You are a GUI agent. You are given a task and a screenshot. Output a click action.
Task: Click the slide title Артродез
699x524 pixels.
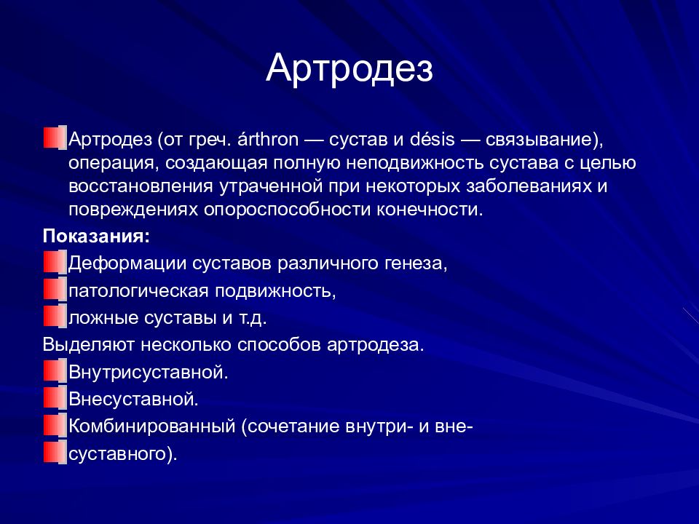[349, 68]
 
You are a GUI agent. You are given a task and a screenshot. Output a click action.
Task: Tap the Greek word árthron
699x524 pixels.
[268, 140]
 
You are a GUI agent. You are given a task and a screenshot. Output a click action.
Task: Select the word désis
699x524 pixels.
[433, 140]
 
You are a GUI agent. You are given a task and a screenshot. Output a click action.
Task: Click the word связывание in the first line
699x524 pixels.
[540, 140]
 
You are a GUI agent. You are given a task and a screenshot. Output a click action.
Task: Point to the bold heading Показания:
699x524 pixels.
[96, 236]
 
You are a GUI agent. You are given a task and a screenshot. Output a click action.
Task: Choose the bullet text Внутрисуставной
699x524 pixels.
[149, 372]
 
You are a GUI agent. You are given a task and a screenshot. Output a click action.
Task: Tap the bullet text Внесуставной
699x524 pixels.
[133, 400]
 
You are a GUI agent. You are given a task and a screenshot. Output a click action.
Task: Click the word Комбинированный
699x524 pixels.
[151, 427]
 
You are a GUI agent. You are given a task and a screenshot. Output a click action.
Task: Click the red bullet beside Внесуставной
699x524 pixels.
[55, 398]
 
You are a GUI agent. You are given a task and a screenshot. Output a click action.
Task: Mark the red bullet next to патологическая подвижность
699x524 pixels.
[55, 290]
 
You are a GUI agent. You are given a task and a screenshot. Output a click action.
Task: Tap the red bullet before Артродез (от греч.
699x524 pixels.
[55, 138]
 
